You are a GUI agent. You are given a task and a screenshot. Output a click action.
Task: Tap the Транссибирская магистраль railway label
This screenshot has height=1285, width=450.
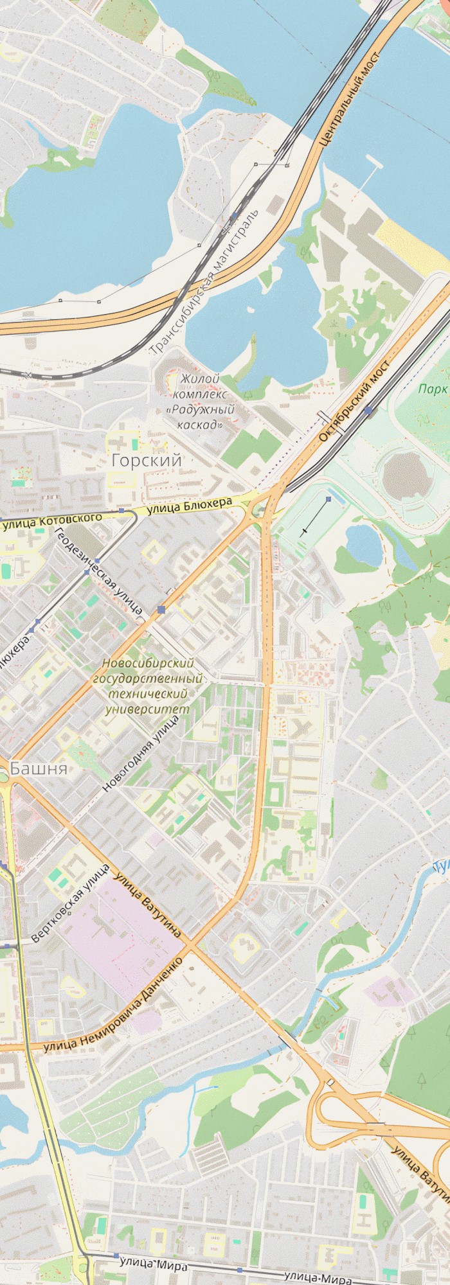[204, 282]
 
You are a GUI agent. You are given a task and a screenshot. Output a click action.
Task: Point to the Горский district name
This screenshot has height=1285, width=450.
[147, 460]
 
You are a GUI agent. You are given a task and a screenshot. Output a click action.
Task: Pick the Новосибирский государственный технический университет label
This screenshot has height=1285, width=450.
[148, 686]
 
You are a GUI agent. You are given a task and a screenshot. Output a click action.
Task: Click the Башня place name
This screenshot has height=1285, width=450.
[39, 768]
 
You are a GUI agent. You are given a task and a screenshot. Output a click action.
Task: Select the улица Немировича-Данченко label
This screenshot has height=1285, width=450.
[113, 1004]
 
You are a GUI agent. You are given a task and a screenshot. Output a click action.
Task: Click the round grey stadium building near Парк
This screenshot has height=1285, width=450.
[403, 476]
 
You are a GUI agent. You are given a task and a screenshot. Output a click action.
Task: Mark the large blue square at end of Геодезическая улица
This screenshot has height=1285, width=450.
[161, 609]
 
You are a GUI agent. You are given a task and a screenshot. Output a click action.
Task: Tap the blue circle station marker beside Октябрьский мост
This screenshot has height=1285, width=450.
[368, 409]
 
